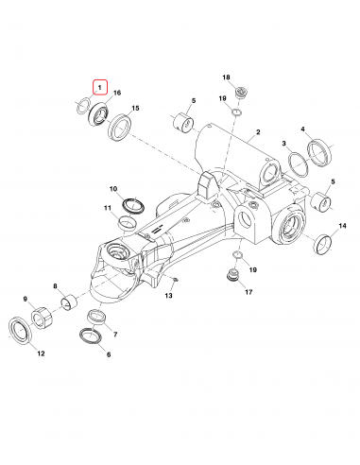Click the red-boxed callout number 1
99,86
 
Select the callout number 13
168,296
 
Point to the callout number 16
117,93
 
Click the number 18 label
227,77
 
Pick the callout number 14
342,226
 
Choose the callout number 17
249,292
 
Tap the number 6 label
108,354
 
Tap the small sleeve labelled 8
69,303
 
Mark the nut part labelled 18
242,93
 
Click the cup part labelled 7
94,316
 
